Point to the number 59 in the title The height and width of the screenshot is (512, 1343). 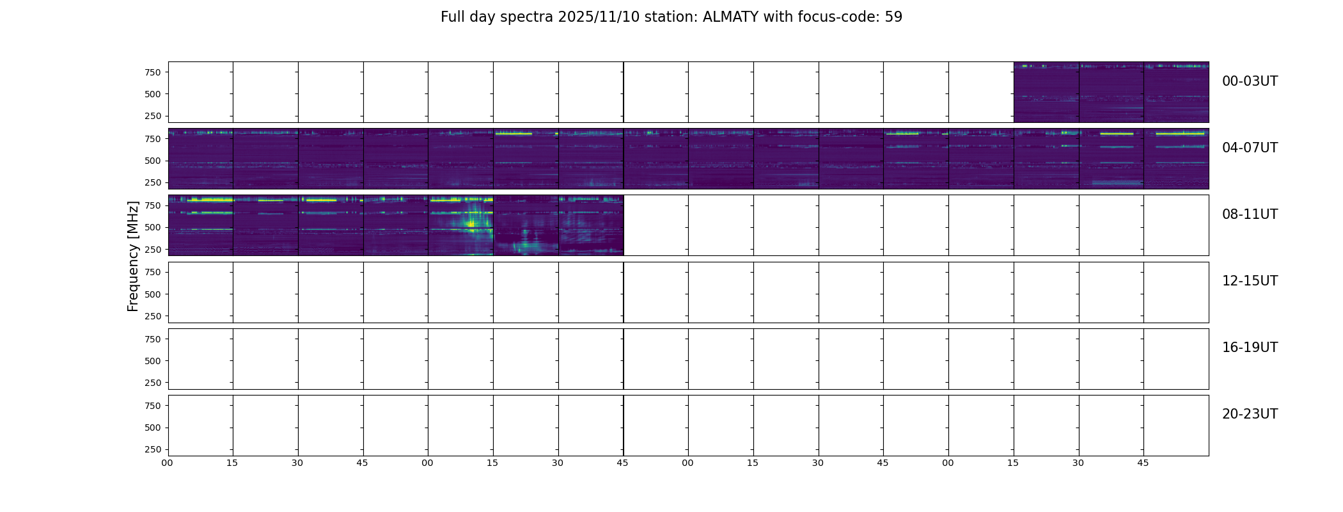click(x=893, y=17)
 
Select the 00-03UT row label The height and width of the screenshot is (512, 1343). click(x=1250, y=81)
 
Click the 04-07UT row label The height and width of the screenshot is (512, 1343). click(x=1250, y=148)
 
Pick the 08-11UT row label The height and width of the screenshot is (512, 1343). click(x=1250, y=214)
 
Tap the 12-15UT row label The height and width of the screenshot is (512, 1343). click(x=1250, y=281)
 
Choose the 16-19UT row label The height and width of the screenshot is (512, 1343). click(x=1250, y=348)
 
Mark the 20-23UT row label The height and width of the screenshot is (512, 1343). click(x=1250, y=414)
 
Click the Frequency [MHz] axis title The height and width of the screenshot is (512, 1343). click(x=133, y=256)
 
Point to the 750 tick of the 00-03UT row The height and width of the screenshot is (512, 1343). click(x=152, y=72)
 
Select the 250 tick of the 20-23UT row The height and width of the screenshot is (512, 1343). click(x=152, y=449)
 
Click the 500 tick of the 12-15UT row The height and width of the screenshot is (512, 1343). click(x=152, y=294)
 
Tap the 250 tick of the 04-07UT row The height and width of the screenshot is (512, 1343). click(x=152, y=182)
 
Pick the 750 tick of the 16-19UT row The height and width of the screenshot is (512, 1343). click(x=152, y=339)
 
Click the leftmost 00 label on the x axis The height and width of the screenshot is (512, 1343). click(x=167, y=463)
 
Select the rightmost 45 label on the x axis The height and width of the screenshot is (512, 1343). click(x=1143, y=463)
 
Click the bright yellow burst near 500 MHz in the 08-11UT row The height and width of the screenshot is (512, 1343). click(x=471, y=223)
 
